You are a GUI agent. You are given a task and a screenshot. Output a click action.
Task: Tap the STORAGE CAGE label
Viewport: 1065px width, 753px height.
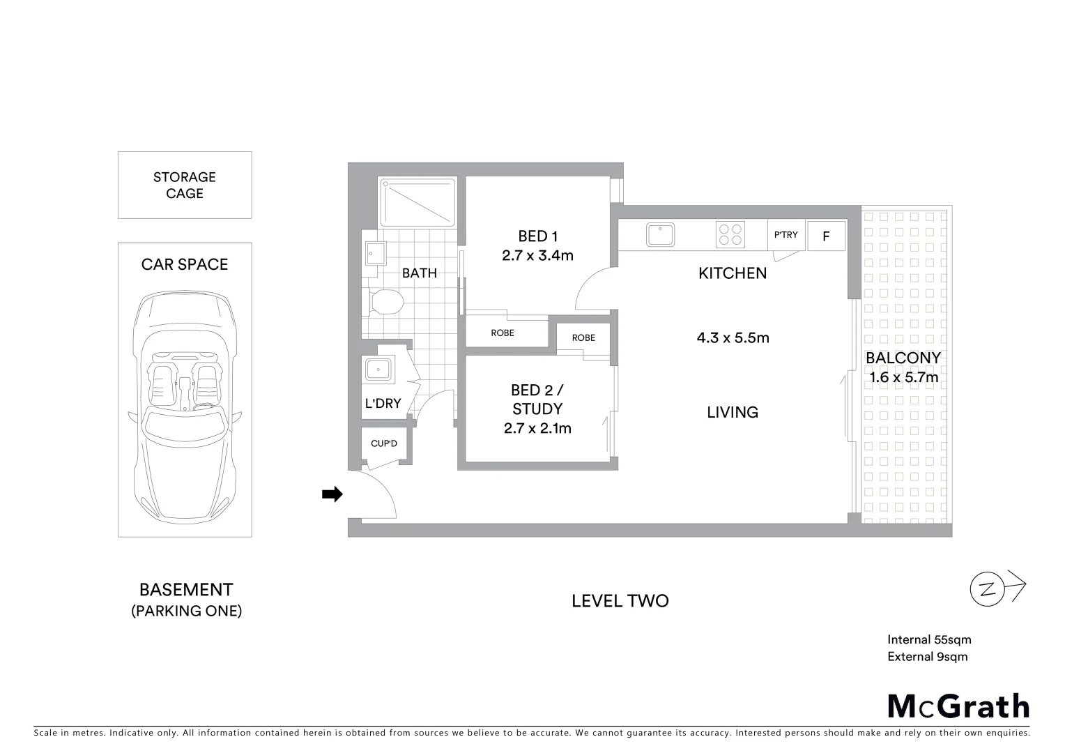pyautogui.click(x=185, y=185)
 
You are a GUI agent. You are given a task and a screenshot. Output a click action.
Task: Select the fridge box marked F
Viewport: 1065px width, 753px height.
pyautogui.click(x=826, y=236)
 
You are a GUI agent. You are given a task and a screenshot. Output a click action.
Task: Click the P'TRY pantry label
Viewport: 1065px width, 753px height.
pyautogui.click(x=786, y=235)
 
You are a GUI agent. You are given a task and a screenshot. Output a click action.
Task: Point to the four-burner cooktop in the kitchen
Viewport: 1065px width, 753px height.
pyautogui.click(x=730, y=234)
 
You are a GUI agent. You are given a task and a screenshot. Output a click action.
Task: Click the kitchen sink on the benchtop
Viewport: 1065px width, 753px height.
pyautogui.click(x=660, y=234)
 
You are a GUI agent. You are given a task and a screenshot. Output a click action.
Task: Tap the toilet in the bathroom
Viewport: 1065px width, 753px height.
pyautogui.click(x=385, y=303)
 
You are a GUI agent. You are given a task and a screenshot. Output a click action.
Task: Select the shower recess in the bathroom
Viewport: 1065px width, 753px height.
pyautogui.click(x=417, y=201)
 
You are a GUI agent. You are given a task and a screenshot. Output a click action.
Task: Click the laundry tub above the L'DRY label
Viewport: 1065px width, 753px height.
pyautogui.click(x=378, y=370)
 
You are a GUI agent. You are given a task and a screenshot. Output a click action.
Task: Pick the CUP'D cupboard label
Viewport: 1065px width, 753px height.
pyautogui.click(x=383, y=443)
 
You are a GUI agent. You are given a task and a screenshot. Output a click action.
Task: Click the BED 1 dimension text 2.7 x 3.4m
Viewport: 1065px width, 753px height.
pyautogui.click(x=537, y=256)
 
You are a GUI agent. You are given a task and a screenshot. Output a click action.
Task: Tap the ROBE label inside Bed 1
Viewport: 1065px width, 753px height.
pyautogui.click(x=503, y=333)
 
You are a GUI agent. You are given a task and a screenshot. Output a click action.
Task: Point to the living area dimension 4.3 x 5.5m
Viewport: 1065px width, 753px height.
pyautogui.click(x=733, y=338)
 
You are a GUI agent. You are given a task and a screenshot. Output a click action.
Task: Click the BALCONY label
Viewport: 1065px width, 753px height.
pyautogui.click(x=903, y=358)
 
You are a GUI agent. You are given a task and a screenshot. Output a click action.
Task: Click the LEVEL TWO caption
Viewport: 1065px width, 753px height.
pyautogui.click(x=620, y=601)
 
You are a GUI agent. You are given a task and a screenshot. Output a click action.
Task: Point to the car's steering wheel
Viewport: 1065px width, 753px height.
pyautogui.click(x=204, y=406)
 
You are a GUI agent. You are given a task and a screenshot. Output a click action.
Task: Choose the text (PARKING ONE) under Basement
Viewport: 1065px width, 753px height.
pyautogui.click(x=186, y=611)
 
